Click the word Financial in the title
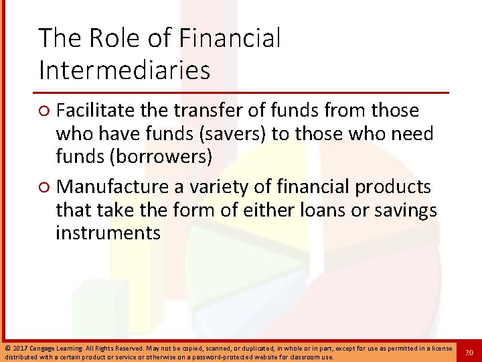pos(230,38)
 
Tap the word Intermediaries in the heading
pos(124,69)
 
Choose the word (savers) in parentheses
pos(234,134)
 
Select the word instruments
pos(108,233)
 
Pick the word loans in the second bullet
pos(319,210)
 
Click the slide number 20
pos(469,353)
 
